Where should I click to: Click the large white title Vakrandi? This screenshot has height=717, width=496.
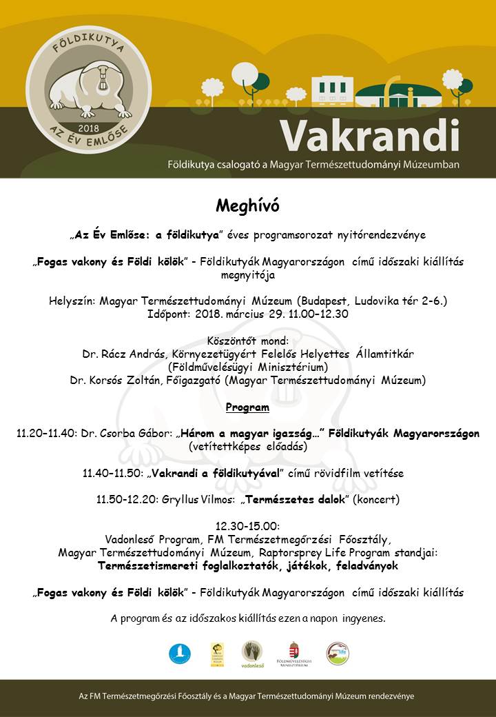(369, 135)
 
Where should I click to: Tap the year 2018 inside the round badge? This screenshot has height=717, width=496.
(89, 128)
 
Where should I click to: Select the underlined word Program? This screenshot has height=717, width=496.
(247, 407)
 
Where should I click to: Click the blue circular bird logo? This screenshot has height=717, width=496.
(180, 653)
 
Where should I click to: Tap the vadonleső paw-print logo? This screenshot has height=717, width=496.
(252, 652)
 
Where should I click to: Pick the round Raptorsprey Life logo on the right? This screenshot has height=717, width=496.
(338, 653)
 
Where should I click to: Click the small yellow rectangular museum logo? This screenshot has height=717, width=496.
(217, 654)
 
